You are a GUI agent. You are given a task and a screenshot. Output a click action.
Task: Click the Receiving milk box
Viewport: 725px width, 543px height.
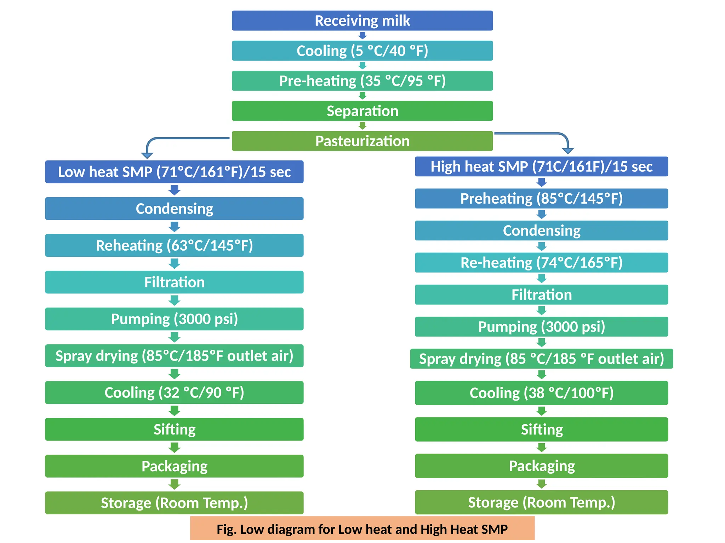coord(362,21)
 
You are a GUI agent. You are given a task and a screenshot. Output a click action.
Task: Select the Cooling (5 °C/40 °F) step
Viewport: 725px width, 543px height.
coord(362,51)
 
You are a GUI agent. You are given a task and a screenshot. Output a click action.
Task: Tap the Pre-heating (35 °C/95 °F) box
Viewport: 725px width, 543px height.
coord(362,81)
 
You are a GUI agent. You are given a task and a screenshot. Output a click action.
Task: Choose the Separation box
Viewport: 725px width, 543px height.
coord(362,111)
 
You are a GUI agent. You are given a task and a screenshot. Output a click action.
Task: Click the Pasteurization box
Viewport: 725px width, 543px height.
coord(362,141)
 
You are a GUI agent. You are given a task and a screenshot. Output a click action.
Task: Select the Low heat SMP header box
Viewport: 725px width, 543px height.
coord(174,172)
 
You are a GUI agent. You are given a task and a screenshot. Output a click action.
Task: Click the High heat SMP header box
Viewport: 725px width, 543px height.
coord(541,167)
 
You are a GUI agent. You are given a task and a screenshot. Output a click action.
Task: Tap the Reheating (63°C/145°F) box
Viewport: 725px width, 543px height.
coord(174,245)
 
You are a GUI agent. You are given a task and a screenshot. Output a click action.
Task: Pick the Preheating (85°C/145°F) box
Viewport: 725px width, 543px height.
coord(541,198)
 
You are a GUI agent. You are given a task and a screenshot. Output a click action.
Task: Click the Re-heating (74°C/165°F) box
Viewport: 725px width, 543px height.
coord(541,262)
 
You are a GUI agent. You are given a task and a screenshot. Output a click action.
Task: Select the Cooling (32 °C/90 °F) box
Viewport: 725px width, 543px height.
coord(174,392)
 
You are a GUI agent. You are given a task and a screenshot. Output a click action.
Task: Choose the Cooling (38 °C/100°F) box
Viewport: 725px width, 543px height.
coord(541,393)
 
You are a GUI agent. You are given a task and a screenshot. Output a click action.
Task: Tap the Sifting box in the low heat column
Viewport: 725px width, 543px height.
coord(174,429)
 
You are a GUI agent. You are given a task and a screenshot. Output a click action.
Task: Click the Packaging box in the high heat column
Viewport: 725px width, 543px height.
coord(541,466)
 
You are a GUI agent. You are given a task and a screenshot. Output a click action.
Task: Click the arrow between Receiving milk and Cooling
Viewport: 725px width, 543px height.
coord(362,35)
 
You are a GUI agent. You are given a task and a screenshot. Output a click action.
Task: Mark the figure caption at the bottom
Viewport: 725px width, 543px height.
coord(362,529)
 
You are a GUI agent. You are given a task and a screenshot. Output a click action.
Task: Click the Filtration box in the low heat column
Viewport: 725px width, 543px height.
coord(174,282)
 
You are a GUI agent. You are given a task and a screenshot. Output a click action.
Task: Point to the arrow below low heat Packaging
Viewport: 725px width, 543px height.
coord(174,484)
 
